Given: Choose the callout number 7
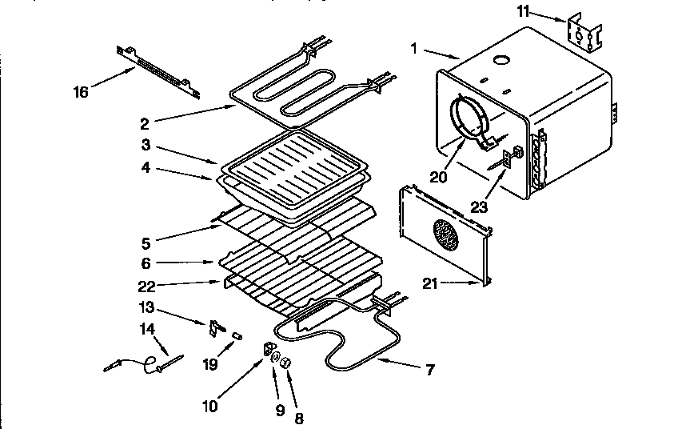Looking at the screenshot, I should coord(430,369).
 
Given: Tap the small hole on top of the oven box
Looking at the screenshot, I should coord(501,61).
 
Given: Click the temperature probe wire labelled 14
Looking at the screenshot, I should coord(143,363).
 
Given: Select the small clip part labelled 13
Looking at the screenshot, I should coord(214,327).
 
